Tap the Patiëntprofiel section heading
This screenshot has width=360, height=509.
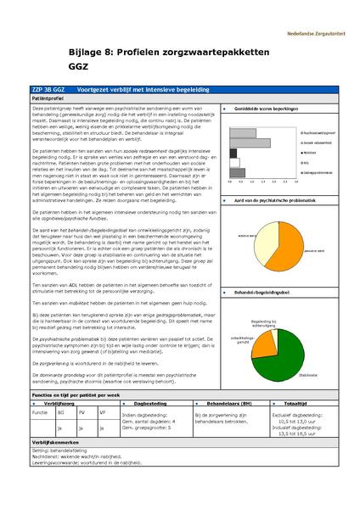tap(49, 98)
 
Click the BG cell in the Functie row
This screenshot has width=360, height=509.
tap(60, 411)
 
